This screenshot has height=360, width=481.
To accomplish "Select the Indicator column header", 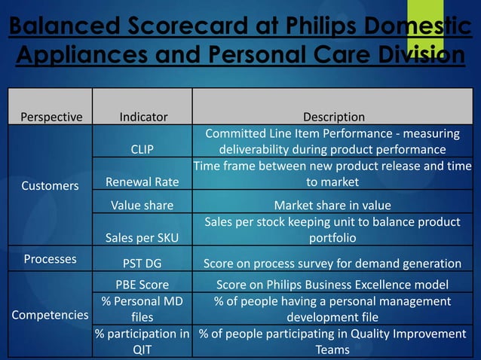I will [x=143, y=117].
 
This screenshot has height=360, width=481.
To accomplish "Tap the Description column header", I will [x=333, y=117].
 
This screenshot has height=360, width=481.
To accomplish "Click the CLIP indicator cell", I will [x=142, y=149].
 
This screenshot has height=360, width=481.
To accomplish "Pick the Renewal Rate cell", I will [x=142, y=181].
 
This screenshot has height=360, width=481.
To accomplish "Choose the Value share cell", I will [x=142, y=205].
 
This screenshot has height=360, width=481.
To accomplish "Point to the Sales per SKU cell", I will [x=142, y=237].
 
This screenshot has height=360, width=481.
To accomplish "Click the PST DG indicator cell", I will [x=142, y=263].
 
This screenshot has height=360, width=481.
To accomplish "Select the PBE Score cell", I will [x=142, y=285].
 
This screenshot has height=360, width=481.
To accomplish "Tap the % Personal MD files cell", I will [x=142, y=309].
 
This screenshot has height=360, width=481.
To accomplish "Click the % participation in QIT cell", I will [x=142, y=341].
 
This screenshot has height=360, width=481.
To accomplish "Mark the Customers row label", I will [x=49, y=185].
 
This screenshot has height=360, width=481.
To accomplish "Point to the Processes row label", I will [x=50, y=259].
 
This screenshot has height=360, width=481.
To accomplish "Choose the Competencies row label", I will [x=50, y=315].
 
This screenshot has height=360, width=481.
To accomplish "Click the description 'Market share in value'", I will [x=332, y=205].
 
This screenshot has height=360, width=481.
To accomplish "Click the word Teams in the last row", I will [x=332, y=349].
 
